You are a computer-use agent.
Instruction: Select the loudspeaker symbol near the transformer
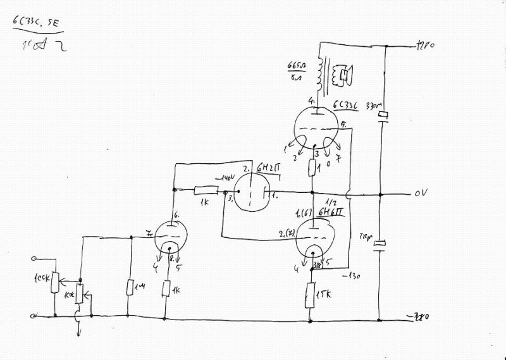[x=343, y=75]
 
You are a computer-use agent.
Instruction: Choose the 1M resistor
[x=129, y=288]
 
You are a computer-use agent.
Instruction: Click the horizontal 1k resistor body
[x=206, y=190]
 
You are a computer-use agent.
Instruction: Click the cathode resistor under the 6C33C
[x=312, y=168]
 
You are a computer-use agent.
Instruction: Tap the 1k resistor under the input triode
[x=166, y=289]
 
